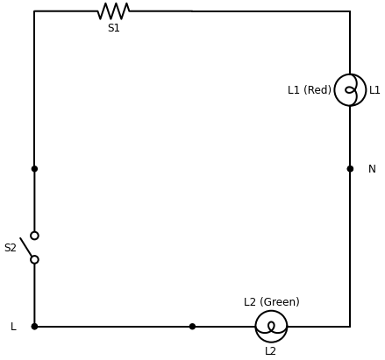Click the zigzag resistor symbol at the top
click(113, 11)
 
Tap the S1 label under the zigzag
click(113, 28)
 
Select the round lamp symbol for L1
click(350, 90)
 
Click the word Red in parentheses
click(318, 90)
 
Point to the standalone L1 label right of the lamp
click(374, 90)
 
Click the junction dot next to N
click(350, 169)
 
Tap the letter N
click(372, 169)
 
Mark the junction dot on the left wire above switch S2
click(34, 169)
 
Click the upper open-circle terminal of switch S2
click(34, 236)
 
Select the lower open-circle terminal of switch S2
click(34, 259)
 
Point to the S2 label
click(11, 248)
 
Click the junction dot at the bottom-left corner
click(34, 327)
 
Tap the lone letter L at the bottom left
click(13, 327)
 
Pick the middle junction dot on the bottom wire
click(192, 327)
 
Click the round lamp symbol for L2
click(271, 327)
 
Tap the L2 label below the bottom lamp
click(270, 351)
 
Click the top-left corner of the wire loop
click(34, 11)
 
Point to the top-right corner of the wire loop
click(350, 11)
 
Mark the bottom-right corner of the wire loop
click(350, 327)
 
